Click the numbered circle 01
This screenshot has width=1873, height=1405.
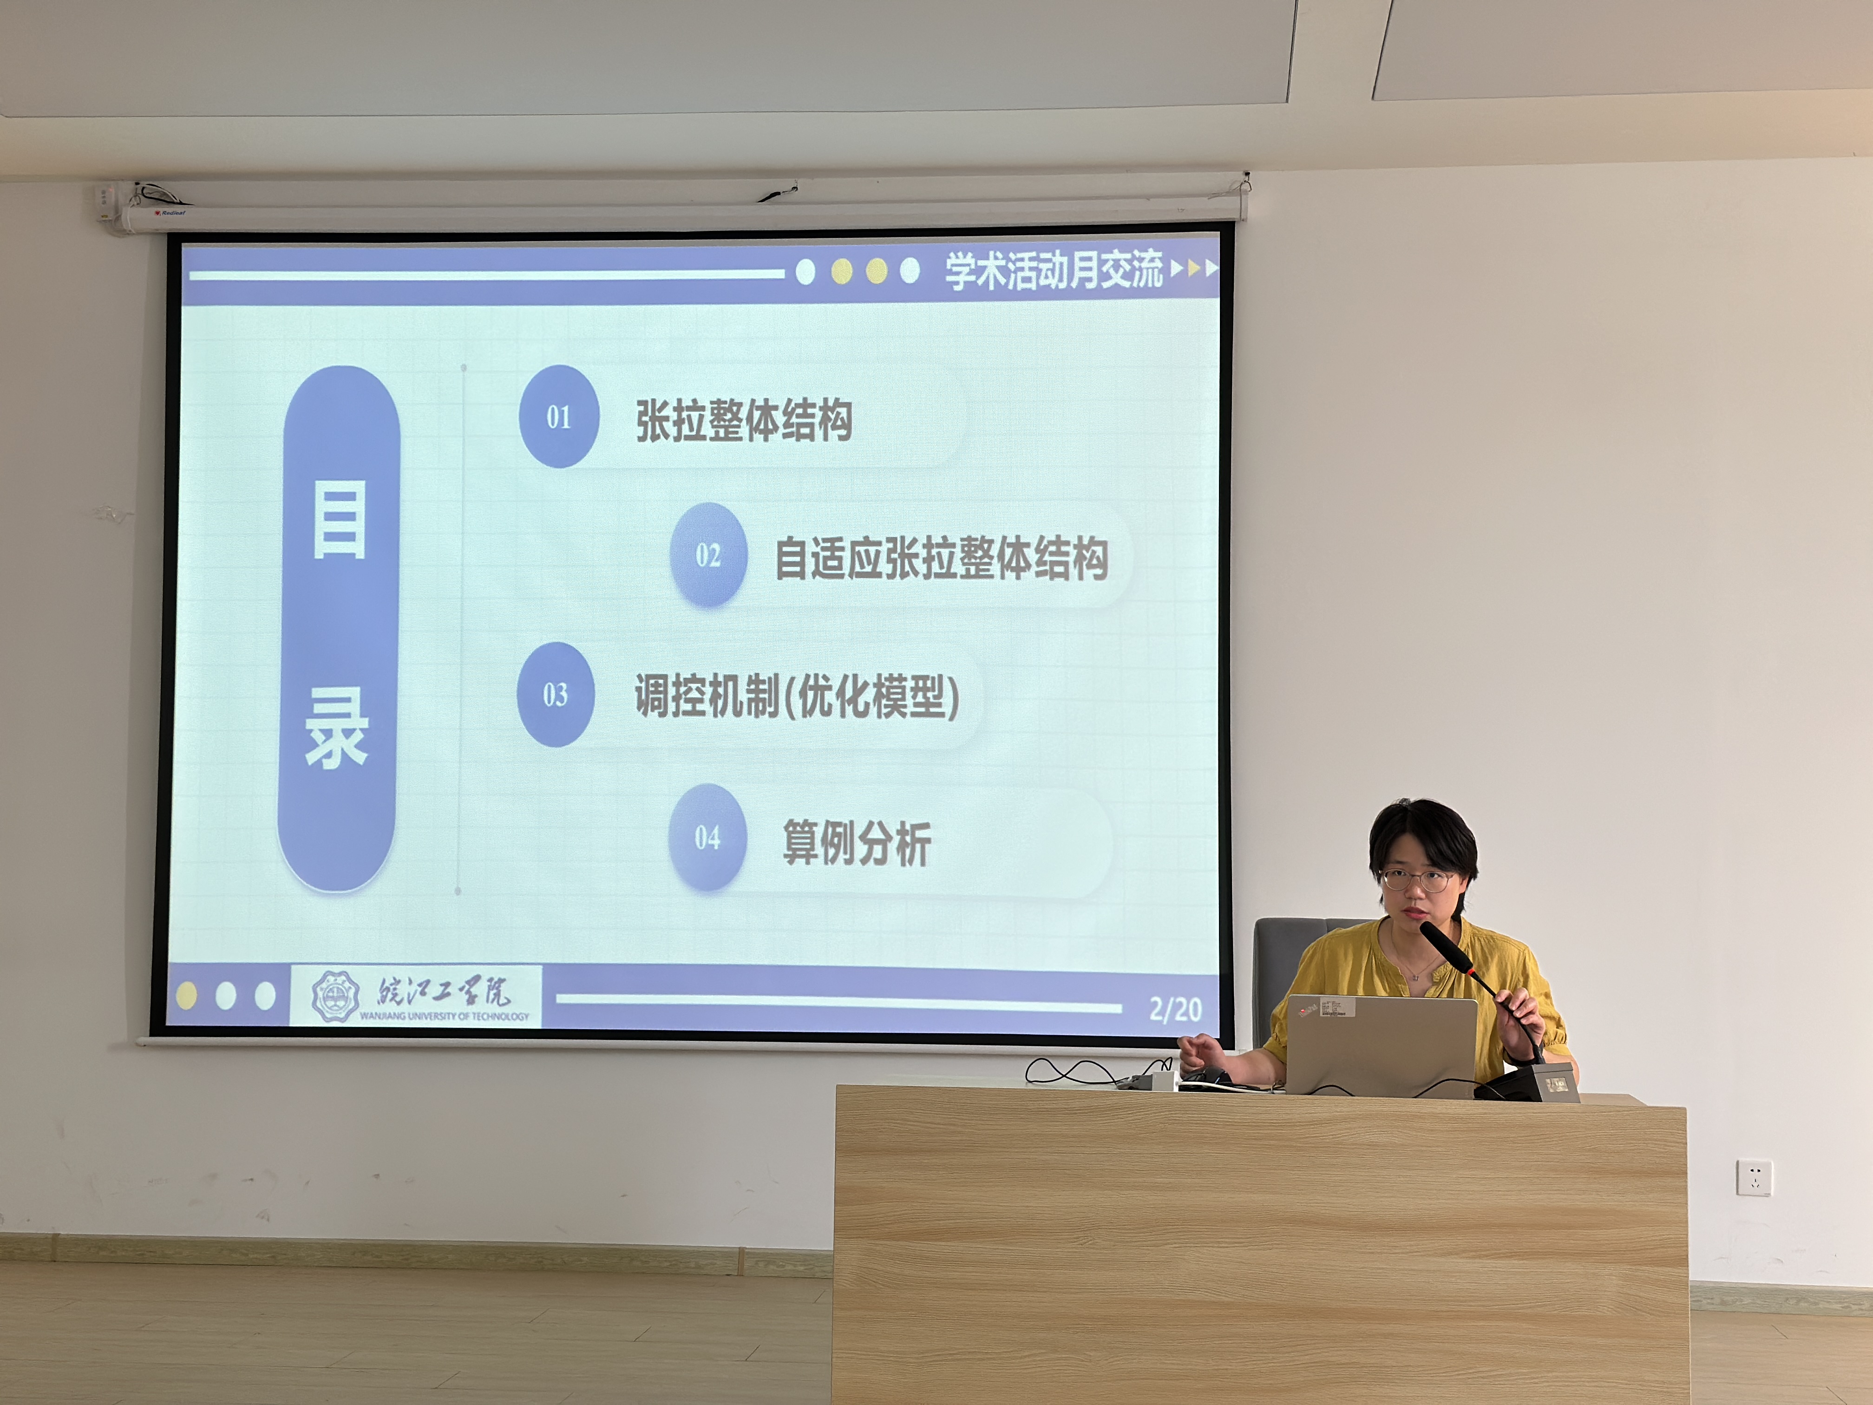coord(559,417)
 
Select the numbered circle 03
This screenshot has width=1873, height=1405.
coord(556,695)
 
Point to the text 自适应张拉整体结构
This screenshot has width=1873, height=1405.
coord(942,558)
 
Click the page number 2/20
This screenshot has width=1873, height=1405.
coord(1175,1009)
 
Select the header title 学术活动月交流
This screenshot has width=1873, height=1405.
coord(1054,271)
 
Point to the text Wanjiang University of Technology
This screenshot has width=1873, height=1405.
coord(445,1016)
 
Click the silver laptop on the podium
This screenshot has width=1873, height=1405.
coord(1381,1046)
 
